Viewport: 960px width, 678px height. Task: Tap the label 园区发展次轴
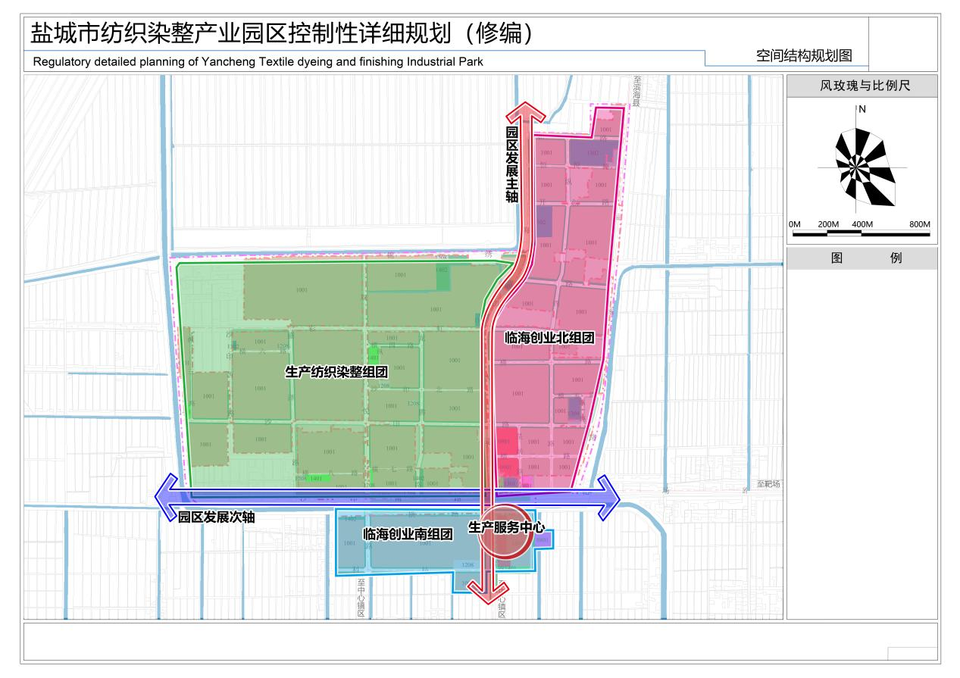216,517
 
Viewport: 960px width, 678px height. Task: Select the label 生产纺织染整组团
336,372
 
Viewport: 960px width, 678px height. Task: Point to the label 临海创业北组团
549,338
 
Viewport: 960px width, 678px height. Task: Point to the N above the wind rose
862,109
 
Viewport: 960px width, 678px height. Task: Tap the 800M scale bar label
920,225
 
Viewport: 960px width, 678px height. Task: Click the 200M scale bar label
828,225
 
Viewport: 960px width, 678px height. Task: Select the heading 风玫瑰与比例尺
861,86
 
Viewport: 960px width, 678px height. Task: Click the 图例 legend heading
861,258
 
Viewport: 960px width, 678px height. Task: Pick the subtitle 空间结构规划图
804,55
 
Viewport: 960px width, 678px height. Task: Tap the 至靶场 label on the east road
768,484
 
